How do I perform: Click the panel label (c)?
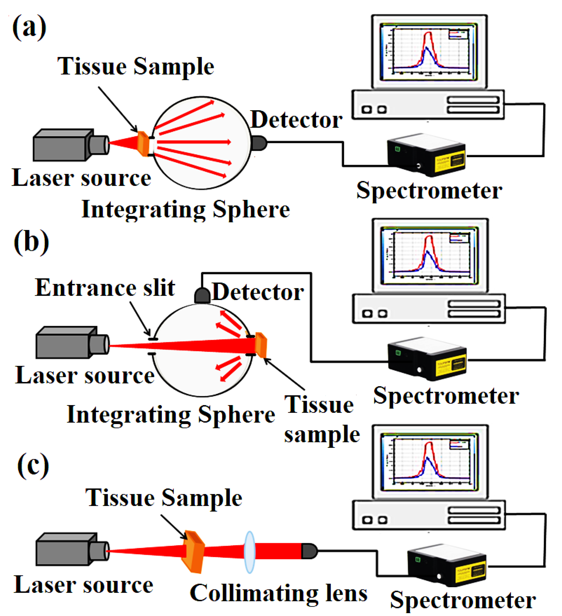[x=33, y=466]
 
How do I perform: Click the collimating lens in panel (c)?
[x=250, y=552]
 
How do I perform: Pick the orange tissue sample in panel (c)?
[x=193, y=552]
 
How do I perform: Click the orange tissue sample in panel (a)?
[x=143, y=144]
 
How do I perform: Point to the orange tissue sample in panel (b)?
[x=261, y=345]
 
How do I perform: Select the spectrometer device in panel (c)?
[x=447, y=565]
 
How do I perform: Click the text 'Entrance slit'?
[x=105, y=288]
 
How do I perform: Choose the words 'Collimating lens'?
[x=279, y=594]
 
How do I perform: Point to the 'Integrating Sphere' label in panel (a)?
[x=186, y=210]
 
